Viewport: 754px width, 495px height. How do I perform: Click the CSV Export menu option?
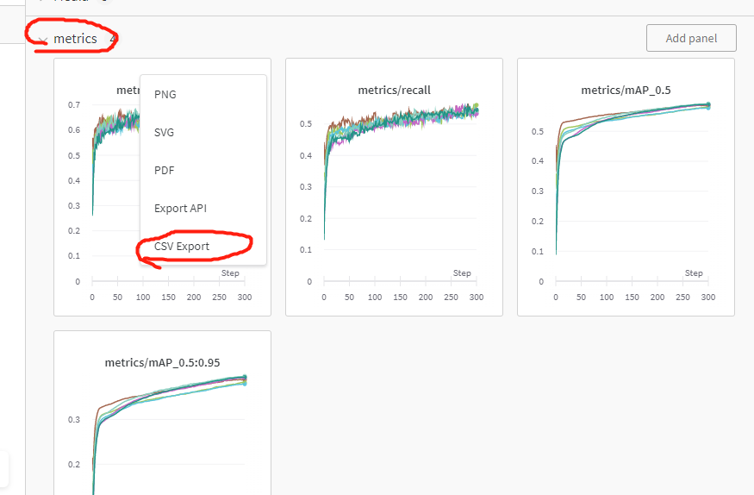click(x=182, y=247)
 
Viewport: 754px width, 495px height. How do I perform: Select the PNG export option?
click(x=165, y=94)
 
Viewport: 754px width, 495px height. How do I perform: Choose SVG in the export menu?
click(x=165, y=133)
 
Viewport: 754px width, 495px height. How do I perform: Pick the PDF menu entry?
click(x=165, y=171)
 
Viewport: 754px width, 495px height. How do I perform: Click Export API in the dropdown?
click(x=180, y=209)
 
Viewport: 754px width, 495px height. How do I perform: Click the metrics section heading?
click(x=75, y=39)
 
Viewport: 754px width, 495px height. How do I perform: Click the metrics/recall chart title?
click(x=394, y=91)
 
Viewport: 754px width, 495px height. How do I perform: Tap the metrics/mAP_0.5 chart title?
click(x=626, y=91)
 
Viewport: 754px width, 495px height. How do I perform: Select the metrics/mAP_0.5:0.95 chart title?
click(x=162, y=362)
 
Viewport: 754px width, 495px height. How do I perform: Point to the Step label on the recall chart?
click(x=462, y=273)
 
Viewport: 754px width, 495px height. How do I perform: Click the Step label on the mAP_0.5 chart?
click(x=694, y=273)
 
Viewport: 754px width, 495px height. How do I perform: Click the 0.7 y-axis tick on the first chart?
click(x=74, y=105)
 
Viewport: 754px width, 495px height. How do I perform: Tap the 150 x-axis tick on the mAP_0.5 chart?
click(x=632, y=297)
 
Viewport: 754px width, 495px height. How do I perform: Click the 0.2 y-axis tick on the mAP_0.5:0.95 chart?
click(x=74, y=464)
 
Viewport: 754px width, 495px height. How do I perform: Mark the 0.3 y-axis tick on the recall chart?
click(x=306, y=187)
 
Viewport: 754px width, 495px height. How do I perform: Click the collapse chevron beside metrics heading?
click(x=42, y=40)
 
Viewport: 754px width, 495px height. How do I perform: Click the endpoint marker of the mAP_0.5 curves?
click(x=707, y=105)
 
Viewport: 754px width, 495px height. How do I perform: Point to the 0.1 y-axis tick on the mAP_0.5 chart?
click(x=538, y=252)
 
